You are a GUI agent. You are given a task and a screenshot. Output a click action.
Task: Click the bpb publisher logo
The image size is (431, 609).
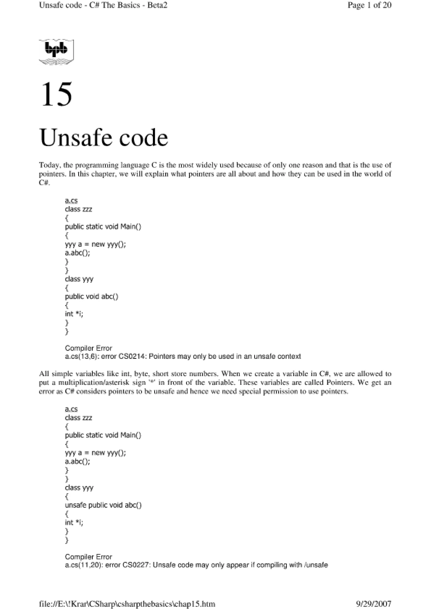click(56, 52)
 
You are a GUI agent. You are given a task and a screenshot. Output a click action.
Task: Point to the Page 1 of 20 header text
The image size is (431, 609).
click(369, 5)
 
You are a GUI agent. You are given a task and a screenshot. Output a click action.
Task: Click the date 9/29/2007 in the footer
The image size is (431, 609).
click(373, 604)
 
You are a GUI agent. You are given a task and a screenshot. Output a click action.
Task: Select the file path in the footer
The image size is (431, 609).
click(127, 604)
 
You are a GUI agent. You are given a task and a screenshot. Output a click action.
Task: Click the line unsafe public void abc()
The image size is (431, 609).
click(103, 505)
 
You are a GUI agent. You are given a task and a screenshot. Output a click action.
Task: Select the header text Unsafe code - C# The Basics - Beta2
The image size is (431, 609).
click(103, 5)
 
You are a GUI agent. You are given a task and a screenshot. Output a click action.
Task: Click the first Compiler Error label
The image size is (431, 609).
click(88, 348)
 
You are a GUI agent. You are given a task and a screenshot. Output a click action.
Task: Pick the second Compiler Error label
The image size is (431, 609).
click(88, 557)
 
